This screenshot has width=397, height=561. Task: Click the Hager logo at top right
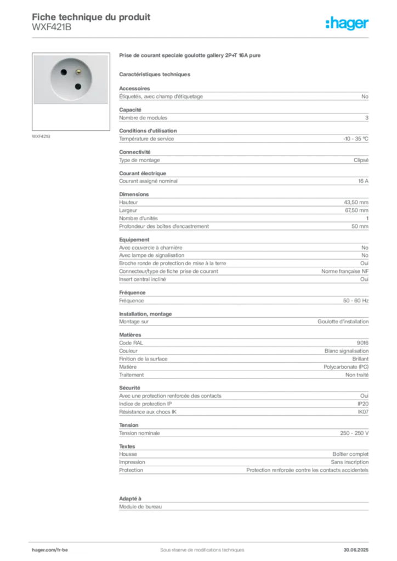click(x=347, y=23)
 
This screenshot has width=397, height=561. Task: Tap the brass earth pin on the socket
click(x=78, y=72)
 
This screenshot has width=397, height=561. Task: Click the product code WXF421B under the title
click(x=52, y=27)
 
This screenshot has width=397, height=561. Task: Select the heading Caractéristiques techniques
click(x=155, y=75)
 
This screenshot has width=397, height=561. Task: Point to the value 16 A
click(x=364, y=181)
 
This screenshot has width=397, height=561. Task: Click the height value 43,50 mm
click(x=356, y=202)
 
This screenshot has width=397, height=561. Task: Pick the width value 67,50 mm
click(x=356, y=210)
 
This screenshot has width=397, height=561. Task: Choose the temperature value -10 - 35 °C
click(x=356, y=139)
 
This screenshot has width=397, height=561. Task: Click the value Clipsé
click(x=361, y=160)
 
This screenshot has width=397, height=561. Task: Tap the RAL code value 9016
click(x=362, y=343)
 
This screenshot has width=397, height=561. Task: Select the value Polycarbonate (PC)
click(x=346, y=367)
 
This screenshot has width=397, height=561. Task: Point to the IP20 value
click(x=363, y=404)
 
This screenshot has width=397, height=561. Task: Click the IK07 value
click(x=364, y=412)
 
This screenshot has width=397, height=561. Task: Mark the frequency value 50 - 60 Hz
click(x=356, y=301)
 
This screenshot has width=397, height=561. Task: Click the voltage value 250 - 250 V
click(x=354, y=433)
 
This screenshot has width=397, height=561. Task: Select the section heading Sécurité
click(x=129, y=388)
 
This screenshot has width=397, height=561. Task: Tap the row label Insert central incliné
click(x=143, y=279)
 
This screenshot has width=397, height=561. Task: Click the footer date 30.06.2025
click(x=356, y=550)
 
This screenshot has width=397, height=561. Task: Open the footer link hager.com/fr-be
click(x=50, y=550)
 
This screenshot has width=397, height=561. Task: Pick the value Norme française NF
click(x=345, y=271)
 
